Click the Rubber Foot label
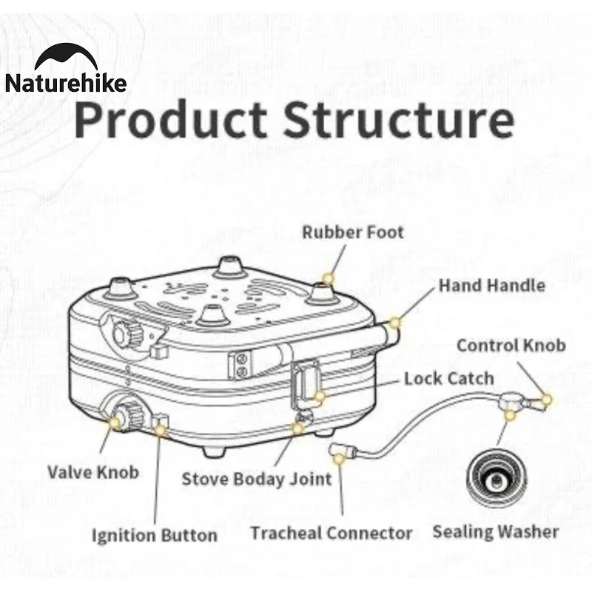coord(353,232)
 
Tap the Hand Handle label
coord(492,286)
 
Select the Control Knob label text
coord(511,346)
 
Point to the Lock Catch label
coord(448,379)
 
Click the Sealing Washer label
coord(495,531)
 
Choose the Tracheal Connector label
coord(331,533)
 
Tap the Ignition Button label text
coord(154,535)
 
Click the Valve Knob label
coord(93,471)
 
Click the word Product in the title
coord(169,120)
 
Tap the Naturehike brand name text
coord(66,82)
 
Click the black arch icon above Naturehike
coord(66,57)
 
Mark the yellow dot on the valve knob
coord(116,422)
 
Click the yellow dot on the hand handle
coord(394,323)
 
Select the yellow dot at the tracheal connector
coord(339,459)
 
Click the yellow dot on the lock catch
coord(320,396)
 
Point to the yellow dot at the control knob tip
coord(547,399)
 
